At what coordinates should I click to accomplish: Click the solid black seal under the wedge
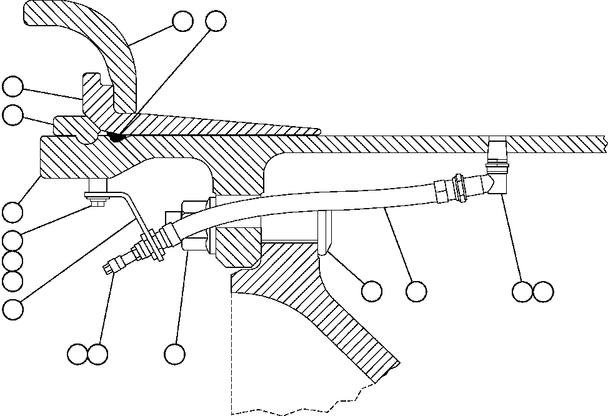coord(114,135)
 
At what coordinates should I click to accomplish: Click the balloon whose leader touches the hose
coord(416,290)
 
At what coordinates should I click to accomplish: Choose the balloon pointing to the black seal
coord(215,21)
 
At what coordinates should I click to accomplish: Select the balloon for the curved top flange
coord(182,21)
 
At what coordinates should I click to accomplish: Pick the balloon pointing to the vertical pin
coord(372,290)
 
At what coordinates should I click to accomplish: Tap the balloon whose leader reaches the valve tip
coord(78,354)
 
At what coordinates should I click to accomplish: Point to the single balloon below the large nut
coord(174,354)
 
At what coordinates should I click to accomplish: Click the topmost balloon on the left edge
coord(12,86)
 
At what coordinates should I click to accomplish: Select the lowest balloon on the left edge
coord(12,307)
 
